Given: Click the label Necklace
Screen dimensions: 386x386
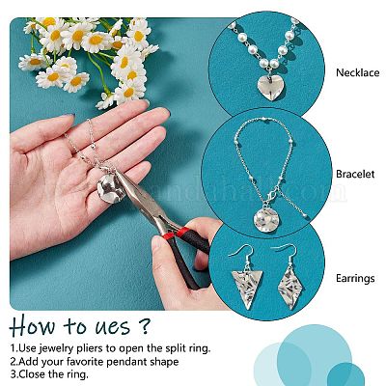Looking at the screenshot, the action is pyautogui.click(x=357, y=72).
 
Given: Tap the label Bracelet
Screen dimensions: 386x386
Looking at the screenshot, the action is pyautogui.click(x=355, y=174).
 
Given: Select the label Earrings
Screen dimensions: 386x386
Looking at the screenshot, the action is pyautogui.click(x=355, y=278).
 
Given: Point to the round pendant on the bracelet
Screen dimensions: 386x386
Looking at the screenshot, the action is pyautogui.click(x=266, y=221).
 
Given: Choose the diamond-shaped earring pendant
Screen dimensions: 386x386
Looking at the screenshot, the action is pyautogui.click(x=291, y=288).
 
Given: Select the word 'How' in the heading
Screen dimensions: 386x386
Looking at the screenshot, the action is pyautogui.click(x=33, y=325).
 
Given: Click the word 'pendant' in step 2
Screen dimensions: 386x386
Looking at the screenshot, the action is pyautogui.click(x=126, y=361).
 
